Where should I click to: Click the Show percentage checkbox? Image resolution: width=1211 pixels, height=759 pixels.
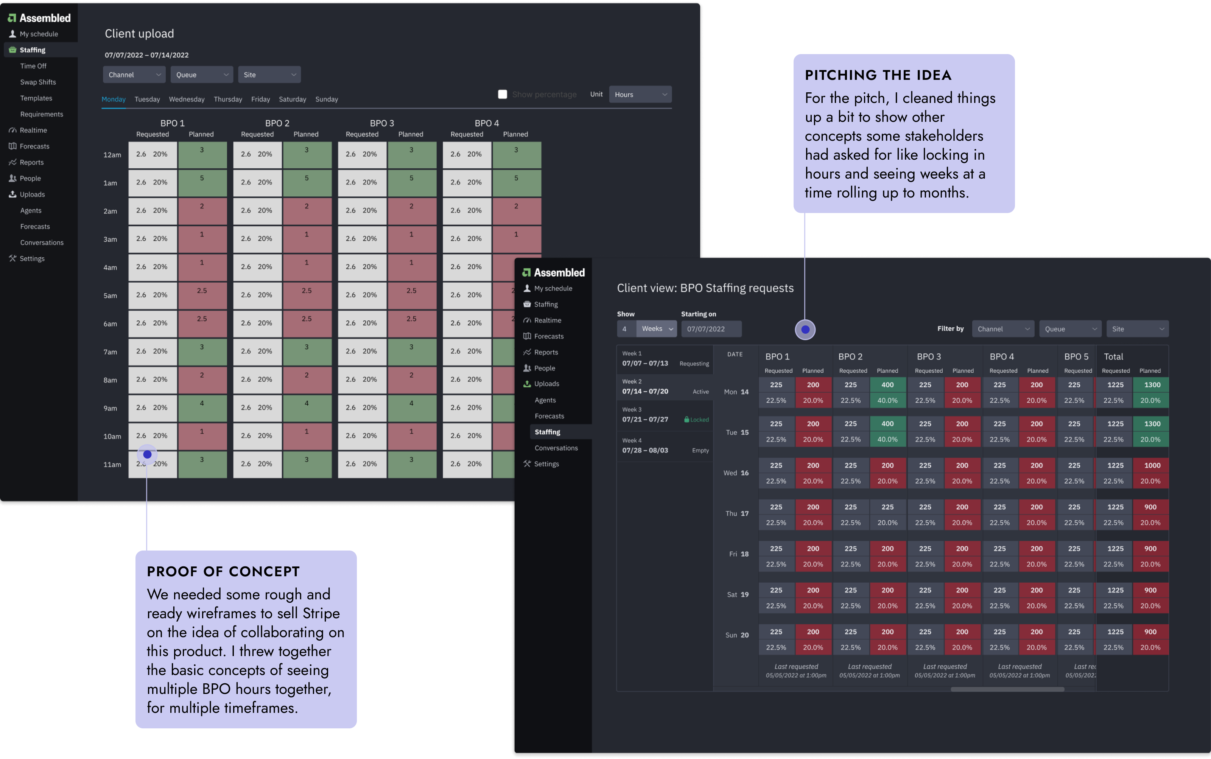point(502,94)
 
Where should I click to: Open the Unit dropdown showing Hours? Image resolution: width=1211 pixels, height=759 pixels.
point(640,94)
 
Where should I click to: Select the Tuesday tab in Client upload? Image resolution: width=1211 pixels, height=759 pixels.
point(147,100)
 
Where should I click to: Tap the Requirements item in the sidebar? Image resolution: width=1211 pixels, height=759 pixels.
point(42,114)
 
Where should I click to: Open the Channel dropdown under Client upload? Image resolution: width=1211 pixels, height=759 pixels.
point(134,75)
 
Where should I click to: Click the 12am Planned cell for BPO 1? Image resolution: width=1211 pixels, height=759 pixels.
point(202,155)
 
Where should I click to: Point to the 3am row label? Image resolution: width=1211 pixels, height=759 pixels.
point(110,240)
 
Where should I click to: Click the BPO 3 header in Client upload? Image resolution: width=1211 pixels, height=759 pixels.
point(381,123)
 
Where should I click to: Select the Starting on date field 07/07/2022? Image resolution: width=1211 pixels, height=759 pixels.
point(710,329)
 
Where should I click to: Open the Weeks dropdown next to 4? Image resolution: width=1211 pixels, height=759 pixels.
point(657,329)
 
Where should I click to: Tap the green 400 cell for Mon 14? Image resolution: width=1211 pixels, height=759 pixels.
point(887,385)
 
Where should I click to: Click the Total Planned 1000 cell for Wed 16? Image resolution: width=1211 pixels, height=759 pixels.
point(1152,466)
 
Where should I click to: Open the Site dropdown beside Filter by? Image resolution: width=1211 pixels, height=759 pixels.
point(1137,329)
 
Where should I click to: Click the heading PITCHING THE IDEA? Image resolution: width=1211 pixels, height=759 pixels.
point(878,75)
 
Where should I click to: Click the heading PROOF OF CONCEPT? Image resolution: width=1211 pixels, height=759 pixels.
point(223,572)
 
